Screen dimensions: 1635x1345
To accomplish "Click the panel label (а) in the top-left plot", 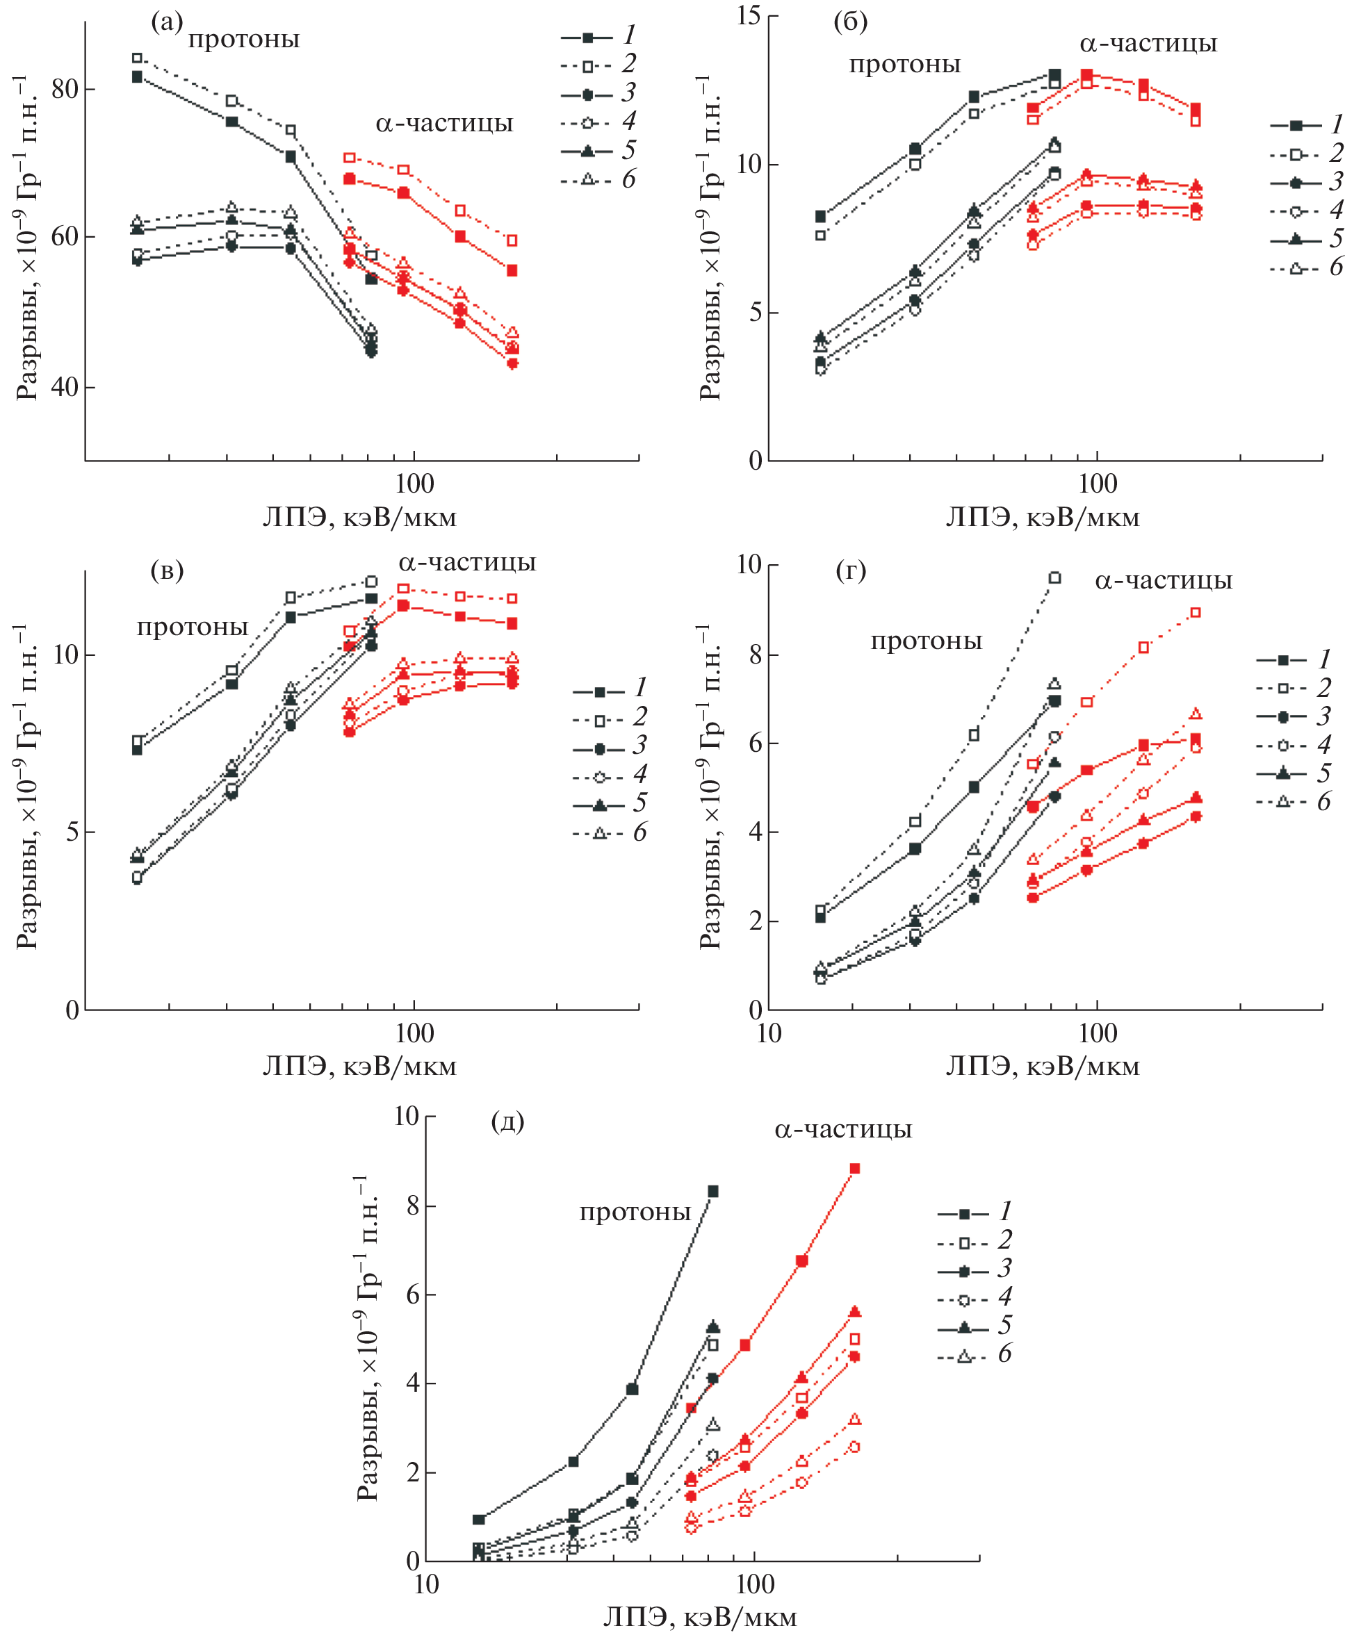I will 167,22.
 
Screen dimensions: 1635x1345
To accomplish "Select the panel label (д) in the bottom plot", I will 507,1121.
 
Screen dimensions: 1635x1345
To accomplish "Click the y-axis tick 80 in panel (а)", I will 65,89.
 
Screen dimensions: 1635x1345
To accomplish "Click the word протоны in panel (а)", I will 243,40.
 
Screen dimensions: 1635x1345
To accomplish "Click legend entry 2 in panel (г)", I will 1293,688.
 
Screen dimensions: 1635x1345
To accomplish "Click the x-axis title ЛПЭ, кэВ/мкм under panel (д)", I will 700,1616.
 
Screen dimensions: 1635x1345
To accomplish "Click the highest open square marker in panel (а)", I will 137,58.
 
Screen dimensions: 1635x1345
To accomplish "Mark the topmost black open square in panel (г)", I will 1054,578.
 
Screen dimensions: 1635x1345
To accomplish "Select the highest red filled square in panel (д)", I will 854,1169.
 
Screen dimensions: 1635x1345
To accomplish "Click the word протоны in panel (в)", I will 192,627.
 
